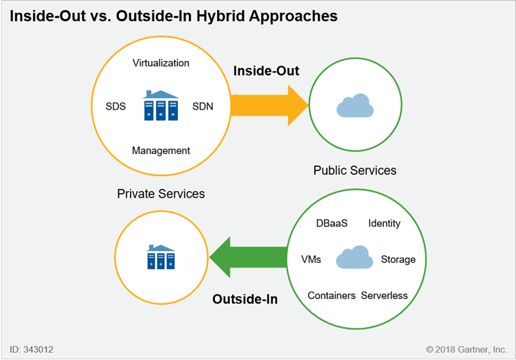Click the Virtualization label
pyautogui.click(x=161, y=63)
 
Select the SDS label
pyautogui.click(x=116, y=106)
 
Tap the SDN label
pyautogui.click(x=203, y=106)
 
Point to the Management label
pyautogui.click(x=161, y=151)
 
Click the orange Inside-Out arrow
pyautogui.click(x=269, y=105)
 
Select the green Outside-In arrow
pyautogui.click(x=248, y=257)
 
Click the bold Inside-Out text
pyautogui.click(x=266, y=70)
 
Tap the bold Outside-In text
pyautogui.click(x=245, y=299)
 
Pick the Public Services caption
pyautogui.click(x=354, y=170)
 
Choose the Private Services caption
pyautogui.click(x=161, y=194)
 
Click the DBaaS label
pyautogui.click(x=332, y=223)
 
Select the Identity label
pyautogui.click(x=385, y=223)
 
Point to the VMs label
pyautogui.click(x=311, y=259)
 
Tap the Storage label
pyautogui.click(x=398, y=259)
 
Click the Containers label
pyautogui.click(x=331, y=296)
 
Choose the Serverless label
pyautogui.click(x=385, y=296)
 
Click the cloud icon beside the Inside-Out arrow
pyautogui.click(x=355, y=105)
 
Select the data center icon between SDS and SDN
pyautogui.click(x=161, y=105)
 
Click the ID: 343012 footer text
pyautogui.click(x=31, y=349)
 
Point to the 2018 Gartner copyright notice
pyautogui.click(x=466, y=349)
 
